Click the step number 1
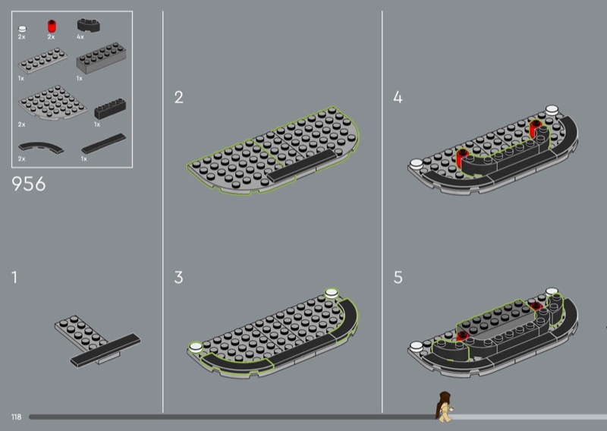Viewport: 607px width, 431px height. (x=14, y=277)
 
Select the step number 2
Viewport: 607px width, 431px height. (x=179, y=97)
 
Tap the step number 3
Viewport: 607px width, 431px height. (x=178, y=277)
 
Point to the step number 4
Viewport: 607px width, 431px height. (x=398, y=97)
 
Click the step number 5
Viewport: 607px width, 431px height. (x=398, y=277)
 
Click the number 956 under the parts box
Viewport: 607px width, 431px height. (x=29, y=184)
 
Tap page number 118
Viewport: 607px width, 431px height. (x=16, y=417)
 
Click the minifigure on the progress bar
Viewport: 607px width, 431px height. (x=444, y=407)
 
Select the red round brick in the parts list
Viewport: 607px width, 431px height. (x=52, y=26)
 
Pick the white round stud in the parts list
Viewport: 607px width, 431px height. (x=23, y=29)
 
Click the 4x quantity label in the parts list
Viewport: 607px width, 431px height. (x=80, y=36)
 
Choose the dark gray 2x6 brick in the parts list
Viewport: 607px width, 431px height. (x=102, y=58)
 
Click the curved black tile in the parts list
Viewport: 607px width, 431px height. (x=41, y=147)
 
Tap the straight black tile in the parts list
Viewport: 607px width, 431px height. (x=104, y=143)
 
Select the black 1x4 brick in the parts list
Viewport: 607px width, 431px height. (x=110, y=109)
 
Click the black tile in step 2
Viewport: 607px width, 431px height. (x=302, y=165)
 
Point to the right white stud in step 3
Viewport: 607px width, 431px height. (x=332, y=293)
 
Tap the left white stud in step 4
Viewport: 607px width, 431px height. (x=416, y=164)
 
